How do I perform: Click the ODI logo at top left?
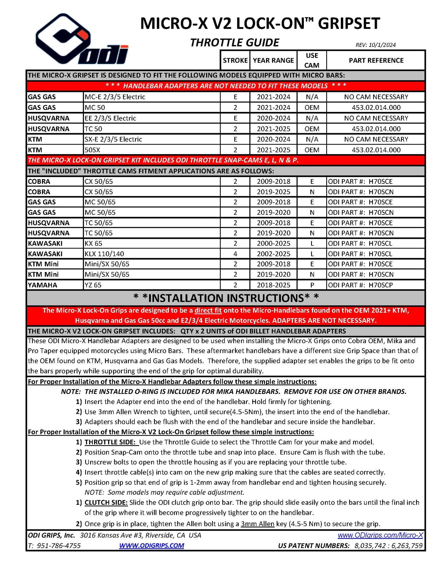coord(81,39)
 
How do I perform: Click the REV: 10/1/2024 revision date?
coord(375,45)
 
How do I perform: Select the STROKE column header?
coord(235,60)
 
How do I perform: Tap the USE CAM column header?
coord(311,60)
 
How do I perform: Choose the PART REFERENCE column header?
coord(376,60)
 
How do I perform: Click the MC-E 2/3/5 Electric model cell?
coord(115,97)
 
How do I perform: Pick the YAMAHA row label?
coord(42,285)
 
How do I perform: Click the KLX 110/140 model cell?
coord(104,254)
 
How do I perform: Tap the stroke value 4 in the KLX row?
coord(235,254)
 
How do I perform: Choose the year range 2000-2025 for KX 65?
coord(273,243)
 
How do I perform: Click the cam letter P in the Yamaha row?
coord(312,285)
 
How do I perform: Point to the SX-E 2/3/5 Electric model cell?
coord(113,139)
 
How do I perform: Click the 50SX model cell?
coord(92,150)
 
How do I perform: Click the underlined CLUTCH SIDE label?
coord(106,502)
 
